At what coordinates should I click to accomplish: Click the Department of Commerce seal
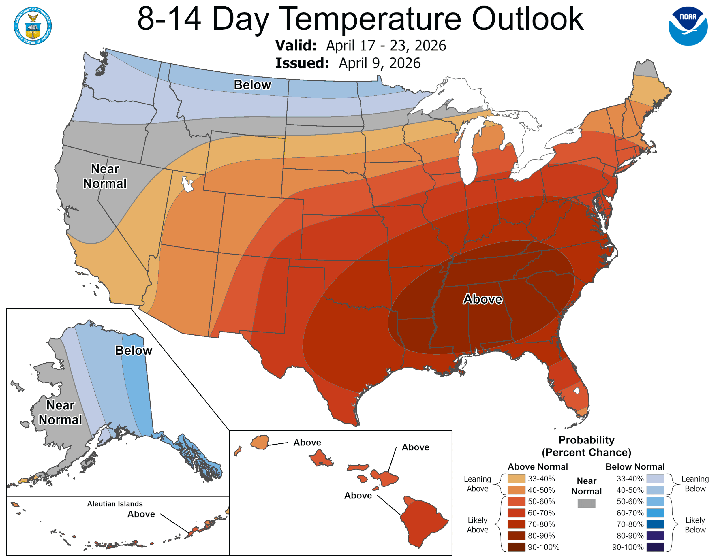(33, 26)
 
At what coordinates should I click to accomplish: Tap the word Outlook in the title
(527, 19)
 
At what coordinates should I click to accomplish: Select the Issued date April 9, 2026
(379, 63)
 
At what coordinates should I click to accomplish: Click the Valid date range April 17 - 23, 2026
(386, 46)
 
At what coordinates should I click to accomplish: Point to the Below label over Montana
(252, 85)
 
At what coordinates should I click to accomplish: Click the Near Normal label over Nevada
(105, 176)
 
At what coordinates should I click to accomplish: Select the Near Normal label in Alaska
(60, 412)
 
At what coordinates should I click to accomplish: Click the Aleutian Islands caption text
(115, 504)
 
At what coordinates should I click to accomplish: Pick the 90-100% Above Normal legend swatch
(516, 547)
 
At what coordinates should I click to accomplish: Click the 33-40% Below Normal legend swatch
(655, 479)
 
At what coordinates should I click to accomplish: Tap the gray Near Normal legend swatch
(586, 503)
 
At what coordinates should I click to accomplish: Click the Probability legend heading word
(586, 440)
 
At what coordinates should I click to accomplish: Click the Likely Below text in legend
(695, 525)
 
